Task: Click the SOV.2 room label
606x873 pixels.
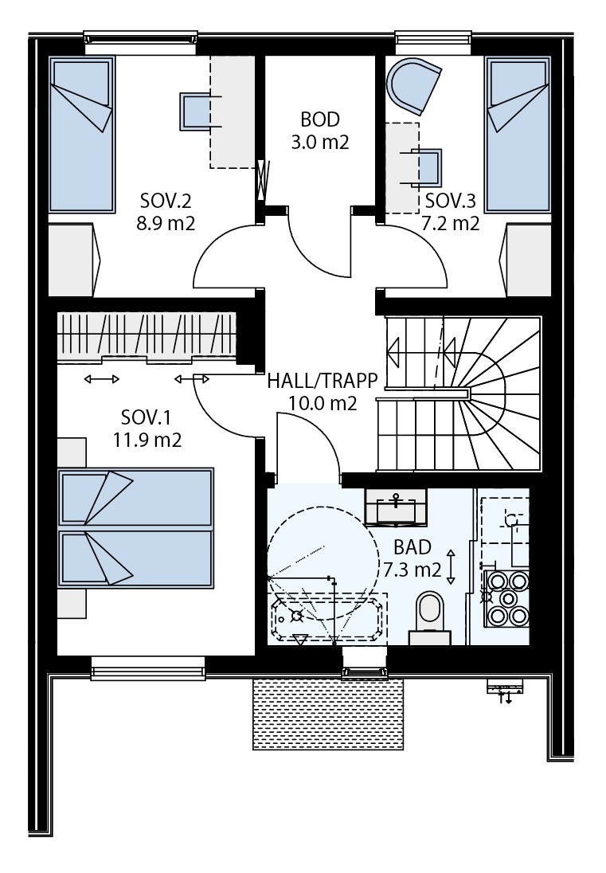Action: click(166, 211)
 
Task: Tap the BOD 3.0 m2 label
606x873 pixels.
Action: click(319, 131)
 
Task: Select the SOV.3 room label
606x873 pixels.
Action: click(450, 211)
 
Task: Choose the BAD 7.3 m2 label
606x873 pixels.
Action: click(412, 558)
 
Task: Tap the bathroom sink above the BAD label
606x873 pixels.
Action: click(395, 507)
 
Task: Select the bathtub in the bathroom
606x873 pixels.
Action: click(328, 617)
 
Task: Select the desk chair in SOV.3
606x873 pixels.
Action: click(429, 167)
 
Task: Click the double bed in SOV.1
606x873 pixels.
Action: click(135, 527)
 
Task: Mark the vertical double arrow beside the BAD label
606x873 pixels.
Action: click(452, 566)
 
